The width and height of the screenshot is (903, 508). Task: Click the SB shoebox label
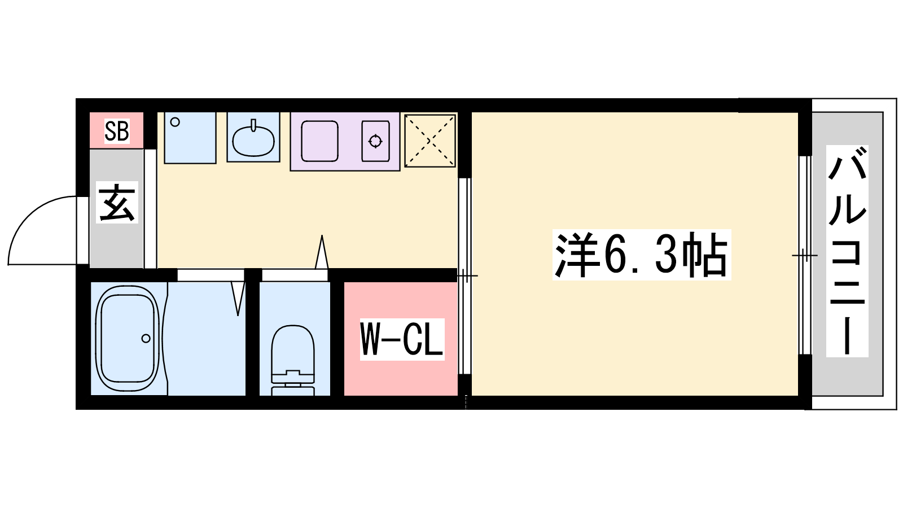coord(117,130)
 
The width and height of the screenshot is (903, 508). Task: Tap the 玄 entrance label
coord(117,203)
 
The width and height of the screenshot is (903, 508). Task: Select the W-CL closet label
coord(402,339)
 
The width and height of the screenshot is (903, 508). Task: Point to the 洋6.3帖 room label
coord(641,255)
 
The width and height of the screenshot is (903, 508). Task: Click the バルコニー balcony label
coord(847,251)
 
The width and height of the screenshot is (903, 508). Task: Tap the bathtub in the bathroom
coord(127,338)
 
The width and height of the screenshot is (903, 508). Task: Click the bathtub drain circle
coord(146,338)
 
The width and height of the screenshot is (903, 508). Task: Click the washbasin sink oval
coord(253,141)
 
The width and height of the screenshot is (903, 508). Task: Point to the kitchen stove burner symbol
coord(375,142)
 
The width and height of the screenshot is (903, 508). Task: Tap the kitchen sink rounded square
coord(319,141)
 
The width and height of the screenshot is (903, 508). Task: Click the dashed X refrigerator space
coord(430,141)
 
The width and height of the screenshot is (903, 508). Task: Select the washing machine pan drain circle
coord(175,122)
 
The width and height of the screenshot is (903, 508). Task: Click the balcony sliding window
coord(805,255)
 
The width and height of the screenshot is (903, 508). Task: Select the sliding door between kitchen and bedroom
coord(465,276)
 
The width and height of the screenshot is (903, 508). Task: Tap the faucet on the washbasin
coord(253,125)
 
